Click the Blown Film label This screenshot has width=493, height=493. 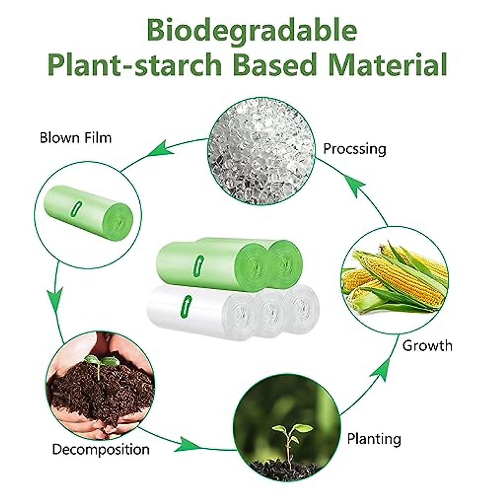coord(76,137)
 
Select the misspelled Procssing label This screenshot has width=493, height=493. coord(355,148)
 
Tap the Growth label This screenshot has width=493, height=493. coord(427,346)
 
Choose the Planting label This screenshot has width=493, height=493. coord(374,439)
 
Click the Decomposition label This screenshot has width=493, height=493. coord(101,449)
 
